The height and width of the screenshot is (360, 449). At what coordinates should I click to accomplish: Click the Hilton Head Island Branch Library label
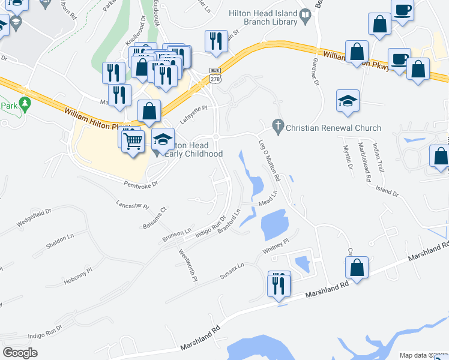click(x=263, y=17)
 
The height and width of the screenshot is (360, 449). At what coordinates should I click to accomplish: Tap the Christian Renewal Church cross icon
click(x=277, y=128)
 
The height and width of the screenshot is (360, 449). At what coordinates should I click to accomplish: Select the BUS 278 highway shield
click(x=215, y=74)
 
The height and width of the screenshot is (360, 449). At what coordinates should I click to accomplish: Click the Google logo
click(x=20, y=352)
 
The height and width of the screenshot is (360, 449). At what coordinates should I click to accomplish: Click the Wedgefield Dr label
click(x=34, y=218)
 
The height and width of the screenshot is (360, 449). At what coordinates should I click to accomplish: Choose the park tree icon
click(x=25, y=104)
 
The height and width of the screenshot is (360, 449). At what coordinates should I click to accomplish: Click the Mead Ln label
click(x=267, y=199)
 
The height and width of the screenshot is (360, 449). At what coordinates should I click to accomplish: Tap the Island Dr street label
click(x=387, y=190)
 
